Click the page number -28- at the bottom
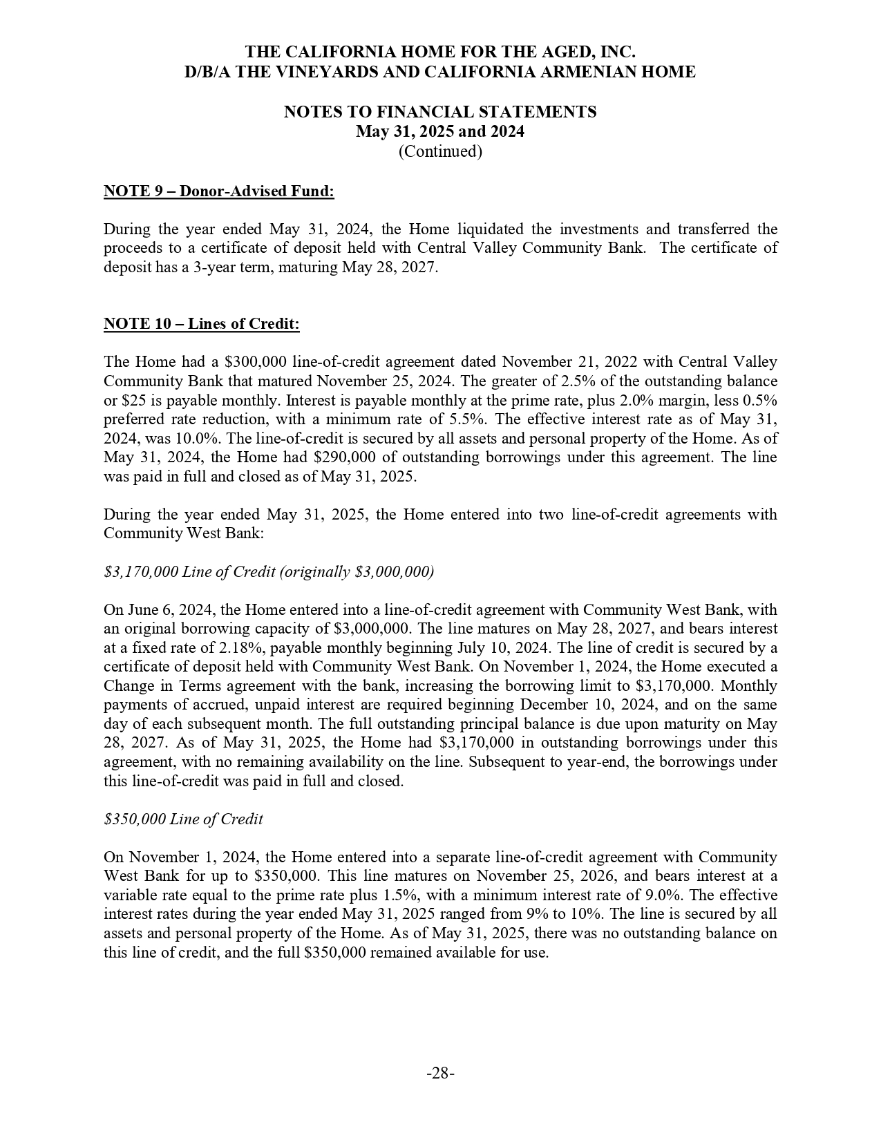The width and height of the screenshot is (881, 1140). [440, 1073]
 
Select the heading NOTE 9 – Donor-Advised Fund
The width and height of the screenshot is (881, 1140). [218, 191]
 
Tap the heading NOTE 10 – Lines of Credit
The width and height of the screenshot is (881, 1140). [201, 324]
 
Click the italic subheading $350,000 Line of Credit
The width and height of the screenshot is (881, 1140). [183, 819]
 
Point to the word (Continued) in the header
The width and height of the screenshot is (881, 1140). [440, 151]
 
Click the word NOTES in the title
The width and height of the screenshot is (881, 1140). [313, 112]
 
